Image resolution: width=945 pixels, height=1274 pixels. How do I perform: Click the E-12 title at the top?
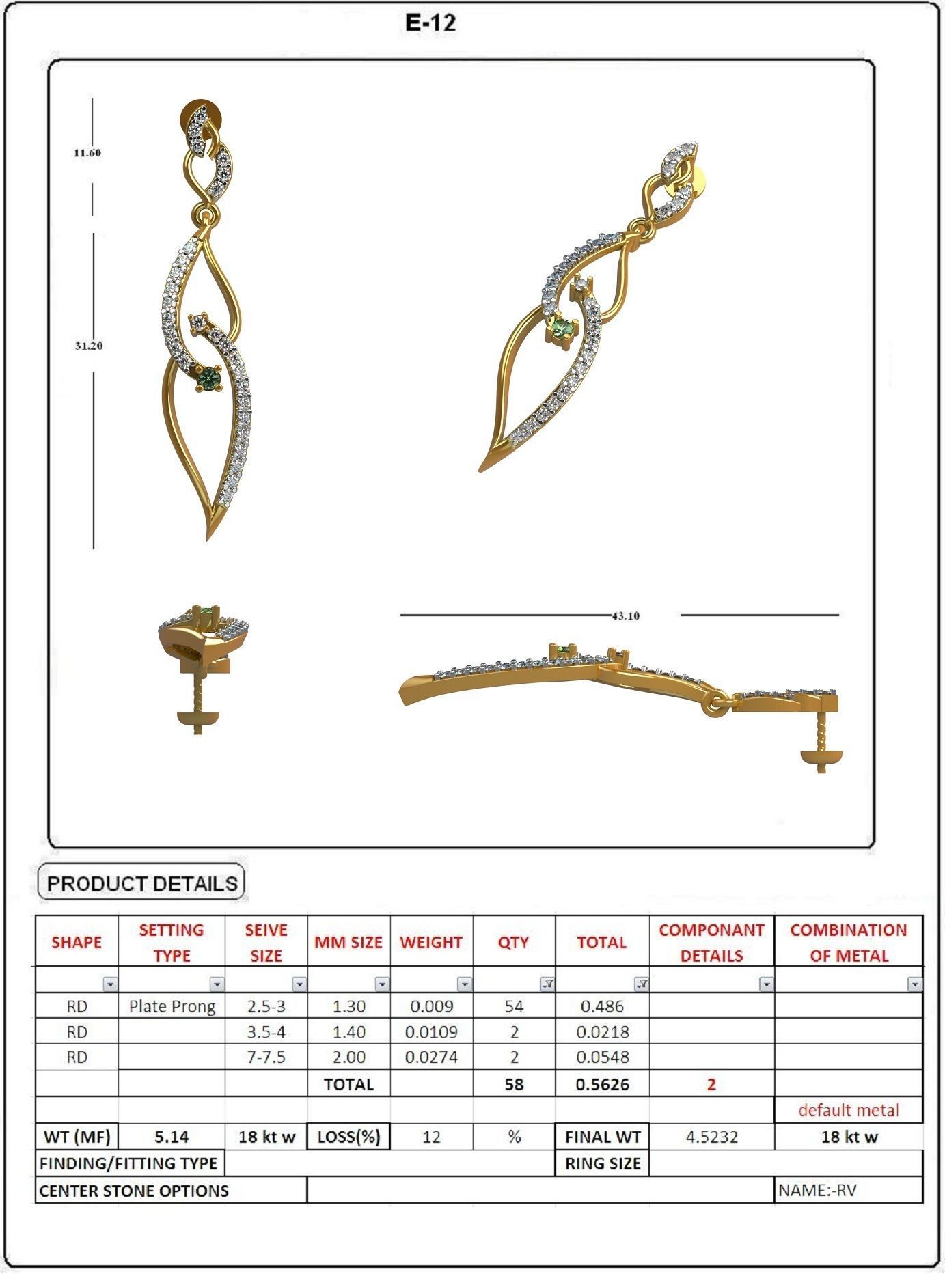[x=430, y=23]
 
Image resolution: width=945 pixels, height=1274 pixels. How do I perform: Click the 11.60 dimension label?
[x=87, y=153]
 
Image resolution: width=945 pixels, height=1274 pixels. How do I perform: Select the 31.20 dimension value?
[x=89, y=346]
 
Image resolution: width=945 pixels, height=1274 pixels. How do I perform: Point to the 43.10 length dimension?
[x=625, y=615]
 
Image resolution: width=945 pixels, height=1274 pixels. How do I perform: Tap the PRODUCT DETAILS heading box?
[x=141, y=883]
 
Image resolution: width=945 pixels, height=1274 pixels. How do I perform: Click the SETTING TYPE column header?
[x=172, y=942]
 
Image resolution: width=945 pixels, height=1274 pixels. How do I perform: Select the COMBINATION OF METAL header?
[x=848, y=942]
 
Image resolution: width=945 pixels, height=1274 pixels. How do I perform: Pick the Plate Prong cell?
[x=172, y=1006]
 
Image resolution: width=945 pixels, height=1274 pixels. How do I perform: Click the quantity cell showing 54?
[x=514, y=1006]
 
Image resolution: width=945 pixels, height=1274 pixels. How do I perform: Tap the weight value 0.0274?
[x=431, y=1057]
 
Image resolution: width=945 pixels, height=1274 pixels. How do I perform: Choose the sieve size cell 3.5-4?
[x=266, y=1031]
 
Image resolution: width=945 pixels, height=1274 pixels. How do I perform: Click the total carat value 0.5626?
[x=602, y=1084]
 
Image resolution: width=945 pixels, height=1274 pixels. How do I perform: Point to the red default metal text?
[x=849, y=1110]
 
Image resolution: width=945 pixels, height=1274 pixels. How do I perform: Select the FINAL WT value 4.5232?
[x=711, y=1137]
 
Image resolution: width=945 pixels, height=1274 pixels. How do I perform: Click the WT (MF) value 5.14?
[x=172, y=1137]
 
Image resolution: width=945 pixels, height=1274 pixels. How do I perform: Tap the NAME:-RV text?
[x=817, y=1191]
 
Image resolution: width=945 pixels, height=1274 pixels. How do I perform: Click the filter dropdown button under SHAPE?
[x=110, y=984]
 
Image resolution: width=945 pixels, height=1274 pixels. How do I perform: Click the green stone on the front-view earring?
[x=208, y=376]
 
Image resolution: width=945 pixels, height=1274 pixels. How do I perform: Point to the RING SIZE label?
[x=602, y=1163]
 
